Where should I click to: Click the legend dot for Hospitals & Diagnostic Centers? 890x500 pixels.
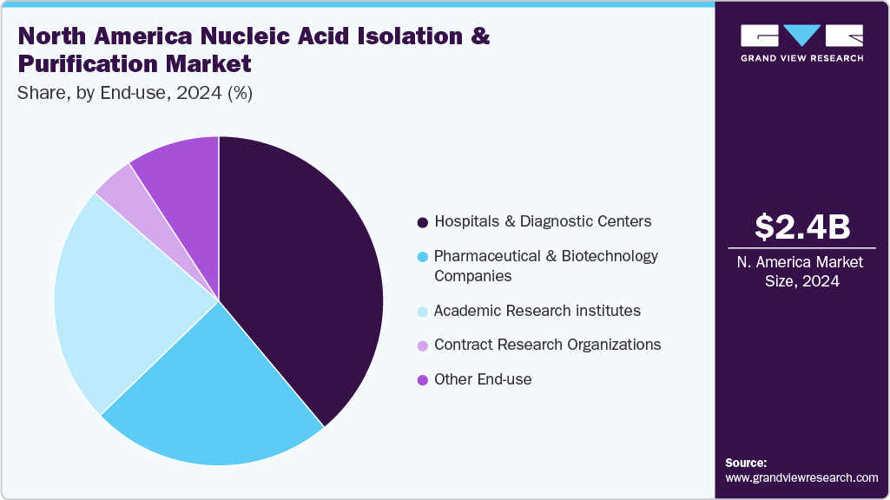[422, 222]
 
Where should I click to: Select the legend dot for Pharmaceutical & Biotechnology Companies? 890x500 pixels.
[422, 257]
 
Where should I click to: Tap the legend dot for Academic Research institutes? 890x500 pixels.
[422, 312]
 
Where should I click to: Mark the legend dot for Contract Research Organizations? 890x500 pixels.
[422, 345]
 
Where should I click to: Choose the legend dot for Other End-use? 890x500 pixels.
[422, 380]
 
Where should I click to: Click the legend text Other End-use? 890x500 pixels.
[483, 379]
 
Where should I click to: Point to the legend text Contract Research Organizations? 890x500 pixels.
[548, 345]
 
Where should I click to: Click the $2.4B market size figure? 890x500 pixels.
[802, 227]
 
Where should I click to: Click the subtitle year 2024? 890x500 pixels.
[199, 93]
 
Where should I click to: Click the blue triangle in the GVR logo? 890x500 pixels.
[802, 34]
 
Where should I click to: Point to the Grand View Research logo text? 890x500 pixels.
[802, 58]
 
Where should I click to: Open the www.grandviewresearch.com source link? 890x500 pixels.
[801, 478]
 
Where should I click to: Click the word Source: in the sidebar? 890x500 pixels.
[746, 464]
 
